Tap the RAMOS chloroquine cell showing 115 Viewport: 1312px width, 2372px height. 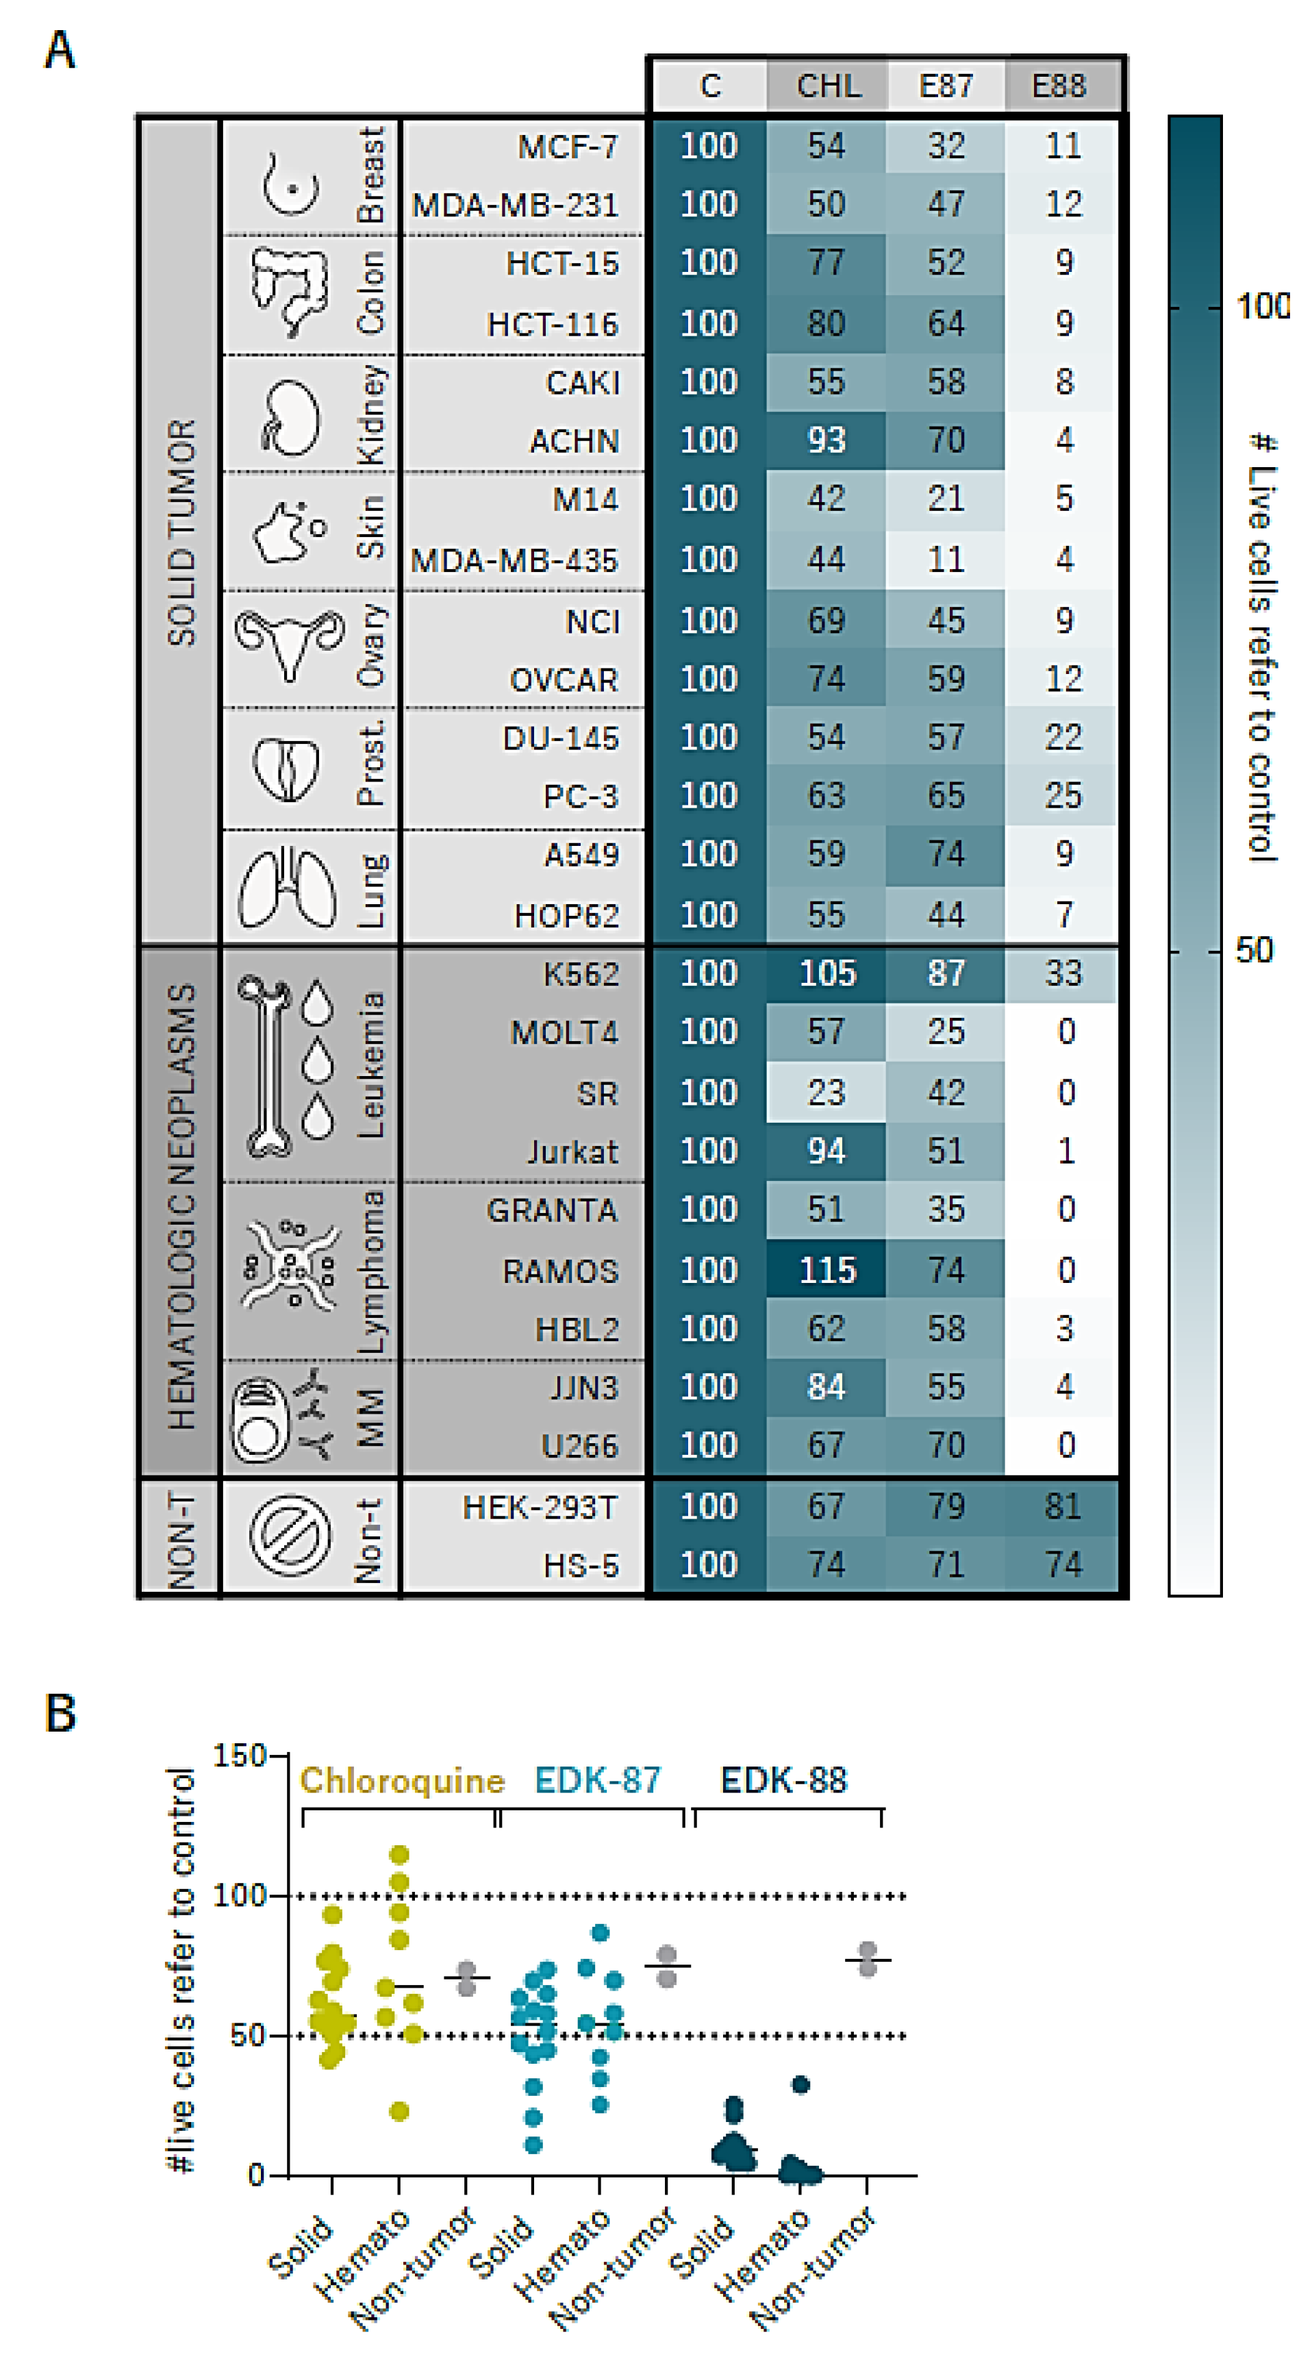827,1271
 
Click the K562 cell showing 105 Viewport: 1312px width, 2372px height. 827,973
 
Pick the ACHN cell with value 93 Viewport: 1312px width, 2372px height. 826,440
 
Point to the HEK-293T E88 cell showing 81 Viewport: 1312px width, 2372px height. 1063,1506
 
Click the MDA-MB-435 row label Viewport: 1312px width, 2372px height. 514,560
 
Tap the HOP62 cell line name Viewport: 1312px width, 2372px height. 566,915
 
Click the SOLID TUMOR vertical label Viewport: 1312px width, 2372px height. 181,532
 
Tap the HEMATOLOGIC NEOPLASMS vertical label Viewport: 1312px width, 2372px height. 181,1206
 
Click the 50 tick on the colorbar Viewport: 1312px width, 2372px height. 1254,950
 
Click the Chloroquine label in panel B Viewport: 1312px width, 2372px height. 403,1781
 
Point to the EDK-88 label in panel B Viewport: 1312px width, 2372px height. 783,1781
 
